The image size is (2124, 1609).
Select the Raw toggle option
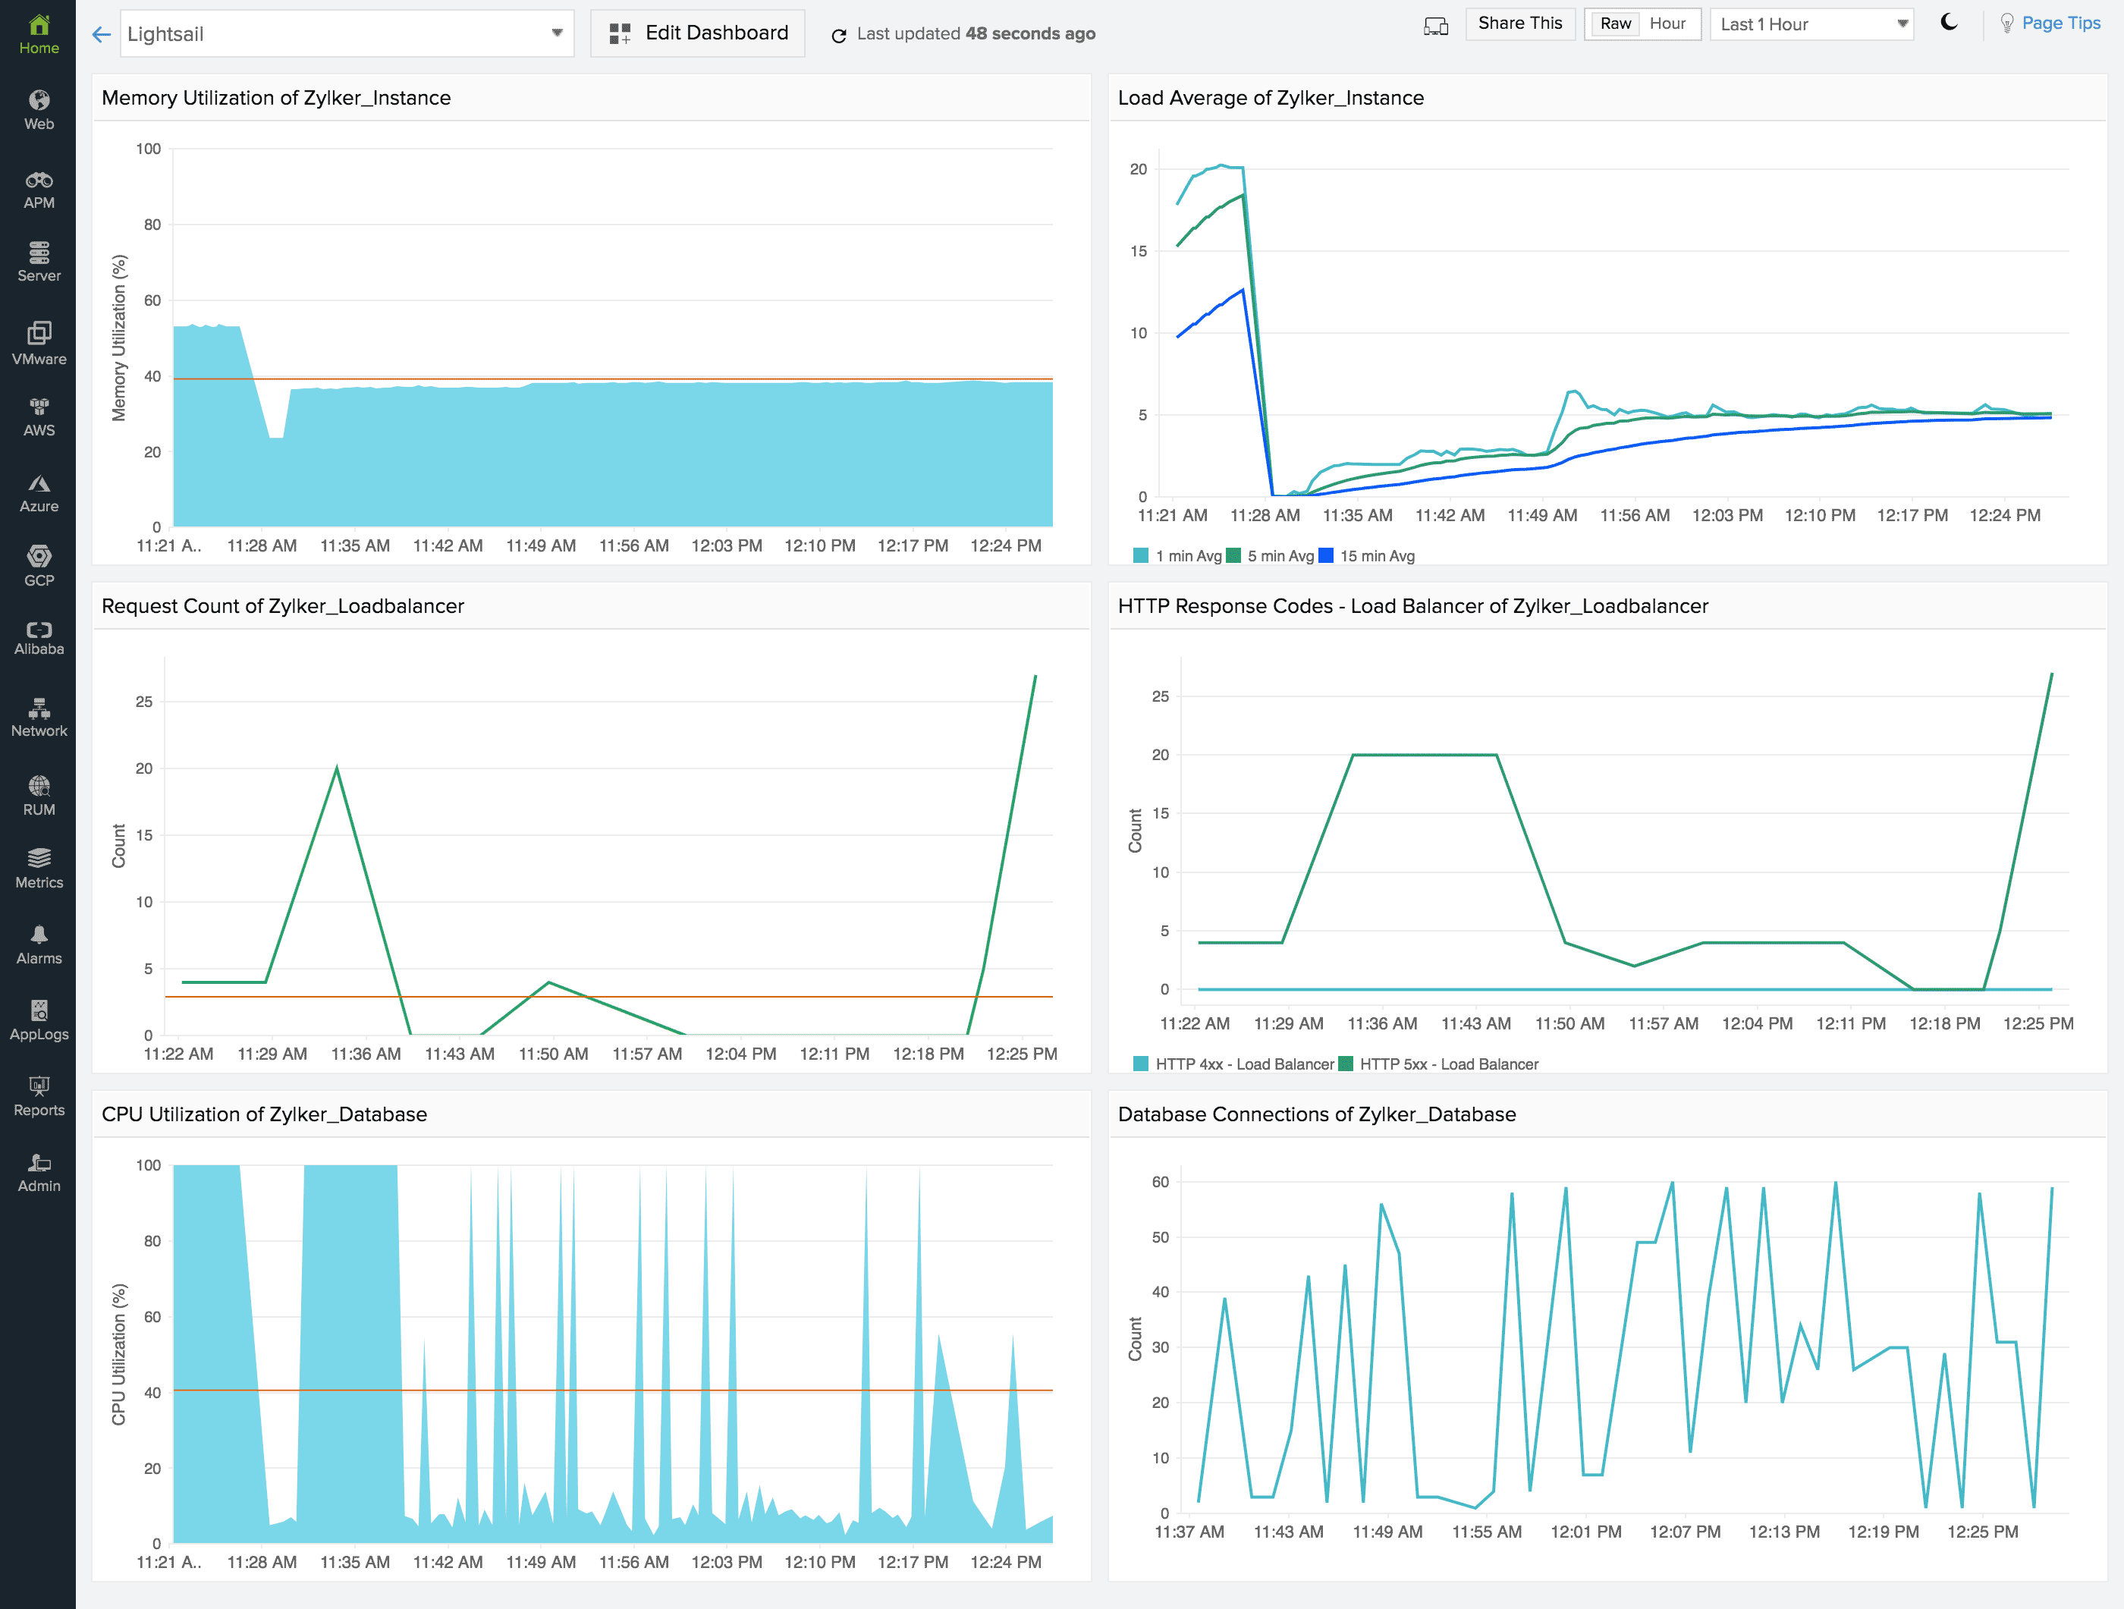click(1615, 24)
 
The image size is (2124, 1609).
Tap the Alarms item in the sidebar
click(39, 944)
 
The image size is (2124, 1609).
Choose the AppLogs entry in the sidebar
click(39, 1020)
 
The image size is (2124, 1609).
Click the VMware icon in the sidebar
click(39, 333)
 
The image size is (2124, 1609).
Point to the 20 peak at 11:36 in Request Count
click(337, 768)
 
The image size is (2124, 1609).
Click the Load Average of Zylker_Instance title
click(1271, 98)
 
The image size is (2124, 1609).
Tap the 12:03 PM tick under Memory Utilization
click(727, 545)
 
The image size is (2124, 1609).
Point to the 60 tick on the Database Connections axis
click(1160, 1182)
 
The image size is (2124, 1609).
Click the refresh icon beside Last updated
click(838, 36)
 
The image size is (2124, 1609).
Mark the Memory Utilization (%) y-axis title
click(119, 338)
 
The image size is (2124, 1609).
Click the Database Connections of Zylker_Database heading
click(1316, 1114)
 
